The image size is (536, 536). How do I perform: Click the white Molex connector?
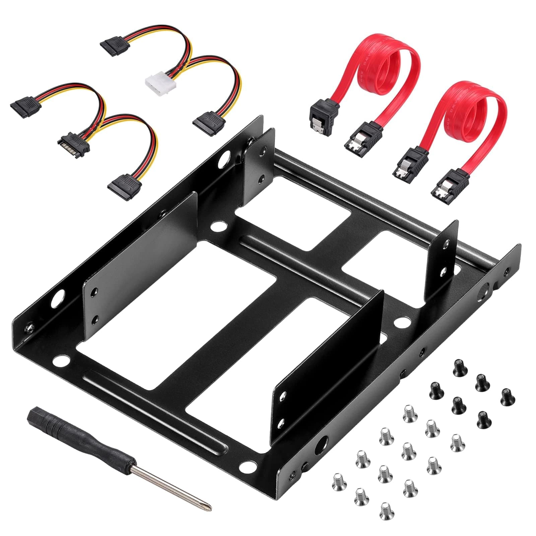(x=156, y=80)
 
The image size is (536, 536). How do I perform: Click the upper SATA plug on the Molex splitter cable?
(x=114, y=43)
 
